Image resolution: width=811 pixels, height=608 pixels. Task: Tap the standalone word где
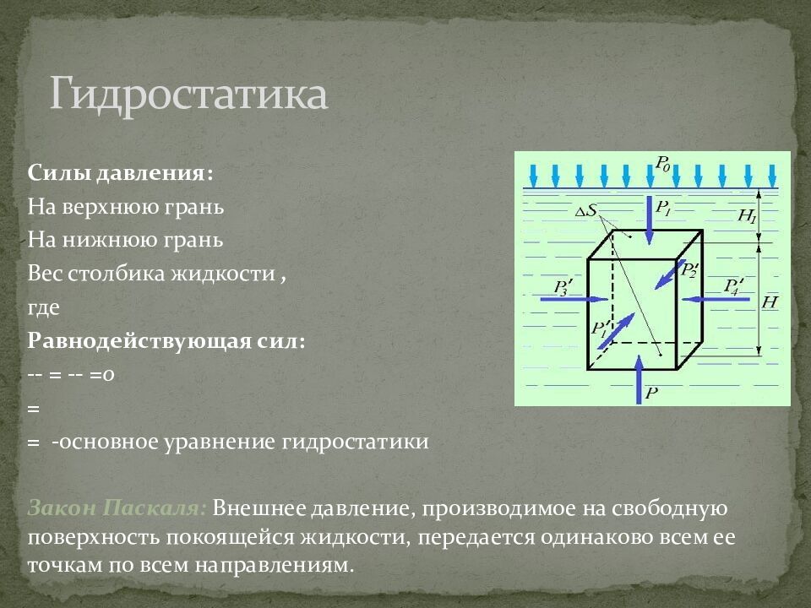43,307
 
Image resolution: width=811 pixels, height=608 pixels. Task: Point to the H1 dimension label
747,215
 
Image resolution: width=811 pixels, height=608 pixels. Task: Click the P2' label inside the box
689,271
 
